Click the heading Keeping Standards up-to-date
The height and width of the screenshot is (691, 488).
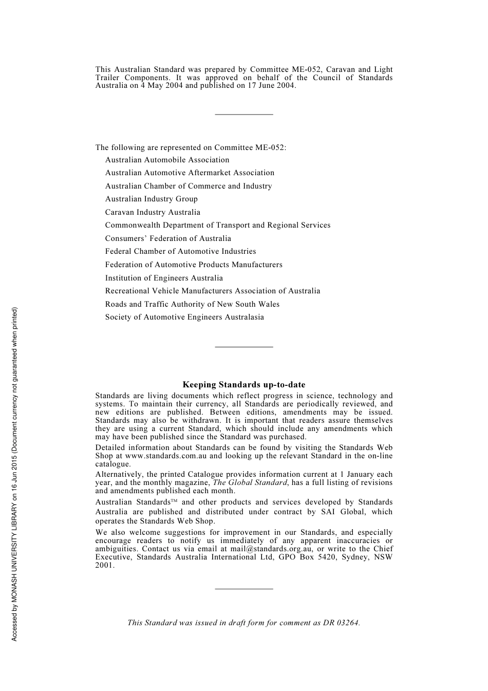point(243,385)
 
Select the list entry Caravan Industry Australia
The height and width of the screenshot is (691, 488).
point(153,212)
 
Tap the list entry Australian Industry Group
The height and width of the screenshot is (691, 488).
point(151,199)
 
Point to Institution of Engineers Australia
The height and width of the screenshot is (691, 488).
point(164,278)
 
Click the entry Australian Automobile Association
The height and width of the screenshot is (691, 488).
point(167,160)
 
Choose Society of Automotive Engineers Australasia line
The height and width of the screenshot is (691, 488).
point(184,317)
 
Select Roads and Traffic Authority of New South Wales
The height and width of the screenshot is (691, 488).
point(192,304)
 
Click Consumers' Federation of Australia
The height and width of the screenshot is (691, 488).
point(168,238)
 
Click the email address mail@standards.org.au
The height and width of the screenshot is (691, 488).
point(271,549)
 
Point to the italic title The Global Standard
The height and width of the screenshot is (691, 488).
point(250,482)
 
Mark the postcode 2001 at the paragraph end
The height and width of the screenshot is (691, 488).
point(104,565)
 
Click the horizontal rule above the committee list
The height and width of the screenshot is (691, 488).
point(243,114)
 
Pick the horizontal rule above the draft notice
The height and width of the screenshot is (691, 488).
point(243,589)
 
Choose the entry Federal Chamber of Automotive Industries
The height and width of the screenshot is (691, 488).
point(180,251)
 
